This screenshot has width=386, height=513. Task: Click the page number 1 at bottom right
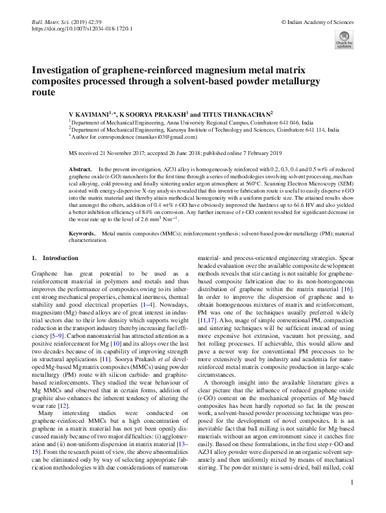tap(351, 500)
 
